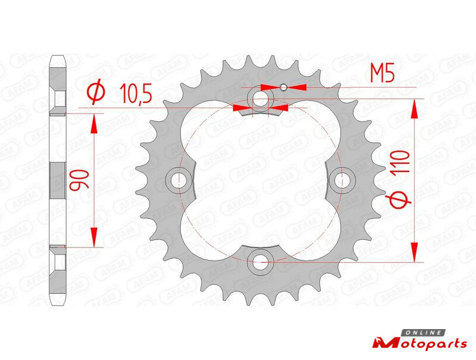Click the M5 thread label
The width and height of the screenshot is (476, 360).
pos(382,74)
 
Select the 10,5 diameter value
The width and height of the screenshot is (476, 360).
pos(136,93)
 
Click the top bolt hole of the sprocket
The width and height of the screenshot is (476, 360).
pos(261,99)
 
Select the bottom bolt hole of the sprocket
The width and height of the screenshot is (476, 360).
pos(261,262)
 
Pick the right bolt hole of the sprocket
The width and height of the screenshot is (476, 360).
pos(342,180)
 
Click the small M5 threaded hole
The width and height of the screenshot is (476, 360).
pos(284,87)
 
